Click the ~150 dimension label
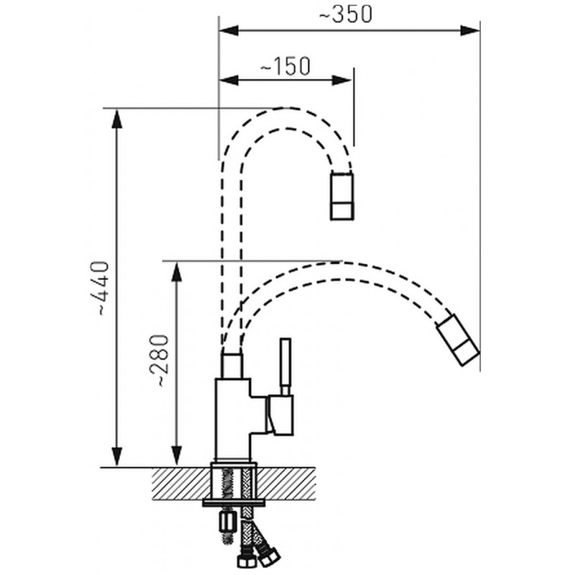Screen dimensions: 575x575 click(x=285, y=66)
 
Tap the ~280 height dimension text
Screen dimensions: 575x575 click(x=160, y=361)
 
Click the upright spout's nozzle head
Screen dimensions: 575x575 click(x=342, y=196)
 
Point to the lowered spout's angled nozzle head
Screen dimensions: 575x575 click(x=458, y=339)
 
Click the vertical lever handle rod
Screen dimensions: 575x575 click(x=285, y=367)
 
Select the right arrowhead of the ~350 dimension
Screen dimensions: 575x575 click(x=470, y=31)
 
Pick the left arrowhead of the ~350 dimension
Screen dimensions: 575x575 click(x=229, y=31)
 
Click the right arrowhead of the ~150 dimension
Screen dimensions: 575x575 click(x=342, y=80)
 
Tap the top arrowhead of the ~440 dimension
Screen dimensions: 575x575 click(x=117, y=119)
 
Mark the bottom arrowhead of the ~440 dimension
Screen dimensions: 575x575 click(x=117, y=457)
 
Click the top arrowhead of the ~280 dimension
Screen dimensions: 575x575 click(x=177, y=272)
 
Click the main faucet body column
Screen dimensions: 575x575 click(x=233, y=420)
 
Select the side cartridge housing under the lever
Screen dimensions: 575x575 click(x=280, y=415)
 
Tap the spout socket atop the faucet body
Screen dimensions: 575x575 click(x=231, y=366)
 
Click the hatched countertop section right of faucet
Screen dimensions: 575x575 click(x=286, y=484)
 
